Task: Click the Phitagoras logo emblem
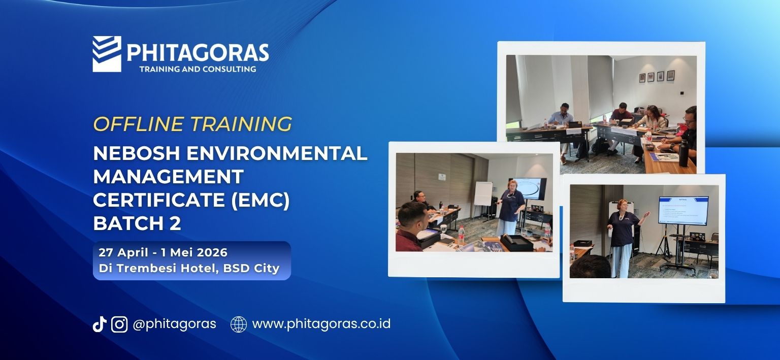pos(107,54)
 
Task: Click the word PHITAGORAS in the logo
pos(197,52)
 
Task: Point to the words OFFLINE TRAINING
pos(192,124)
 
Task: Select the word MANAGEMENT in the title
pos(168,177)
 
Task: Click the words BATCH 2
pos(137,223)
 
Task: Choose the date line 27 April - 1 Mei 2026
pos(163,252)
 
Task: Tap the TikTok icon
pos(99,324)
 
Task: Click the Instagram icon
pos(119,324)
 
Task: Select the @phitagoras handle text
pos(174,324)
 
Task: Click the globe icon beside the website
pos(239,324)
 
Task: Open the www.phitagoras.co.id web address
pos(321,324)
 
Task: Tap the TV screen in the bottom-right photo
pos(683,210)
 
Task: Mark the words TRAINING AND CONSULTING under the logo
pos(198,69)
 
